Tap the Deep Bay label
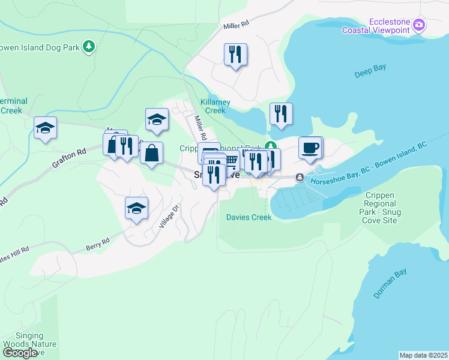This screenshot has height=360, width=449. click(370, 68)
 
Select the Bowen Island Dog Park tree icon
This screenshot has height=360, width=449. click(89, 46)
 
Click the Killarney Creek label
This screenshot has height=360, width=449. click(207, 106)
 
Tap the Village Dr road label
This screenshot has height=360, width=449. click(169, 218)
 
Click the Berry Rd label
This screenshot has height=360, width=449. click(97, 242)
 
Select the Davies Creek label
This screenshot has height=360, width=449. click(249, 217)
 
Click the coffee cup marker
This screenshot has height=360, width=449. click(310, 148)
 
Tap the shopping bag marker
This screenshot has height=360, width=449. click(151, 154)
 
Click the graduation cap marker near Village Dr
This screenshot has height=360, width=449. click(136, 209)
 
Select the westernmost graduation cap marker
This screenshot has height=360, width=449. click(45, 128)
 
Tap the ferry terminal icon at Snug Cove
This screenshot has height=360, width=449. click(299, 177)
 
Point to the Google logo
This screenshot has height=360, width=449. click(20, 353)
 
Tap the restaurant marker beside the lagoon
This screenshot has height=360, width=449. click(280, 113)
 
